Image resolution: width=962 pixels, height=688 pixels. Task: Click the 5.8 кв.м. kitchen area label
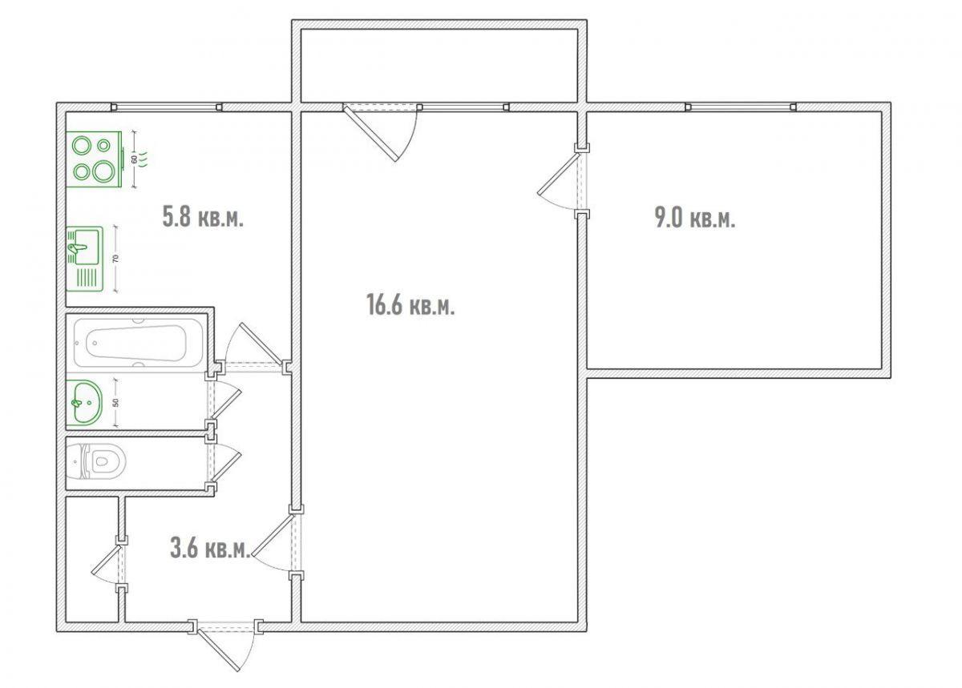pyautogui.click(x=203, y=216)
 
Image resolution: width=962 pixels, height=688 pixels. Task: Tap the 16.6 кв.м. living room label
pyautogui.click(x=410, y=304)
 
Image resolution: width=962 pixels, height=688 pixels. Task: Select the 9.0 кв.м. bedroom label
pyautogui.click(x=695, y=218)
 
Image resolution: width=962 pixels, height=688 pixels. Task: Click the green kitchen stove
pyautogui.click(x=94, y=159)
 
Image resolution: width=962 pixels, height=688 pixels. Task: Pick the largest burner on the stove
pyautogui.click(x=103, y=171)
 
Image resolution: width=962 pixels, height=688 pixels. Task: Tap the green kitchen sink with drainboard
pyautogui.click(x=85, y=260)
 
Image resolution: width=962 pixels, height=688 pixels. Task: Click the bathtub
pyautogui.click(x=137, y=344)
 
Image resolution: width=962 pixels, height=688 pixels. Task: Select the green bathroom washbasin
pyautogui.click(x=85, y=403)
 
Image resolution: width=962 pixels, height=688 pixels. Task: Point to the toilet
pyautogui.click(x=97, y=462)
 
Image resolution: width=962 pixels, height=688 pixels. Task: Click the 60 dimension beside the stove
pyautogui.click(x=135, y=159)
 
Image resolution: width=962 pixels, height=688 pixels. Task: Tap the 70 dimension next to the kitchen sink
pyautogui.click(x=115, y=259)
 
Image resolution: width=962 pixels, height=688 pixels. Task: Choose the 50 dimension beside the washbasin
pyautogui.click(x=115, y=403)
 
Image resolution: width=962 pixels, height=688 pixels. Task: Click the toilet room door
pyautogui.click(x=224, y=464)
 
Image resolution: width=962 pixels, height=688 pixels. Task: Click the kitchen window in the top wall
pyautogui.click(x=167, y=107)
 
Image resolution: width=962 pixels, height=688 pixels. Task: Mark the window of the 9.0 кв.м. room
pyautogui.click(x=741, y=107)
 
